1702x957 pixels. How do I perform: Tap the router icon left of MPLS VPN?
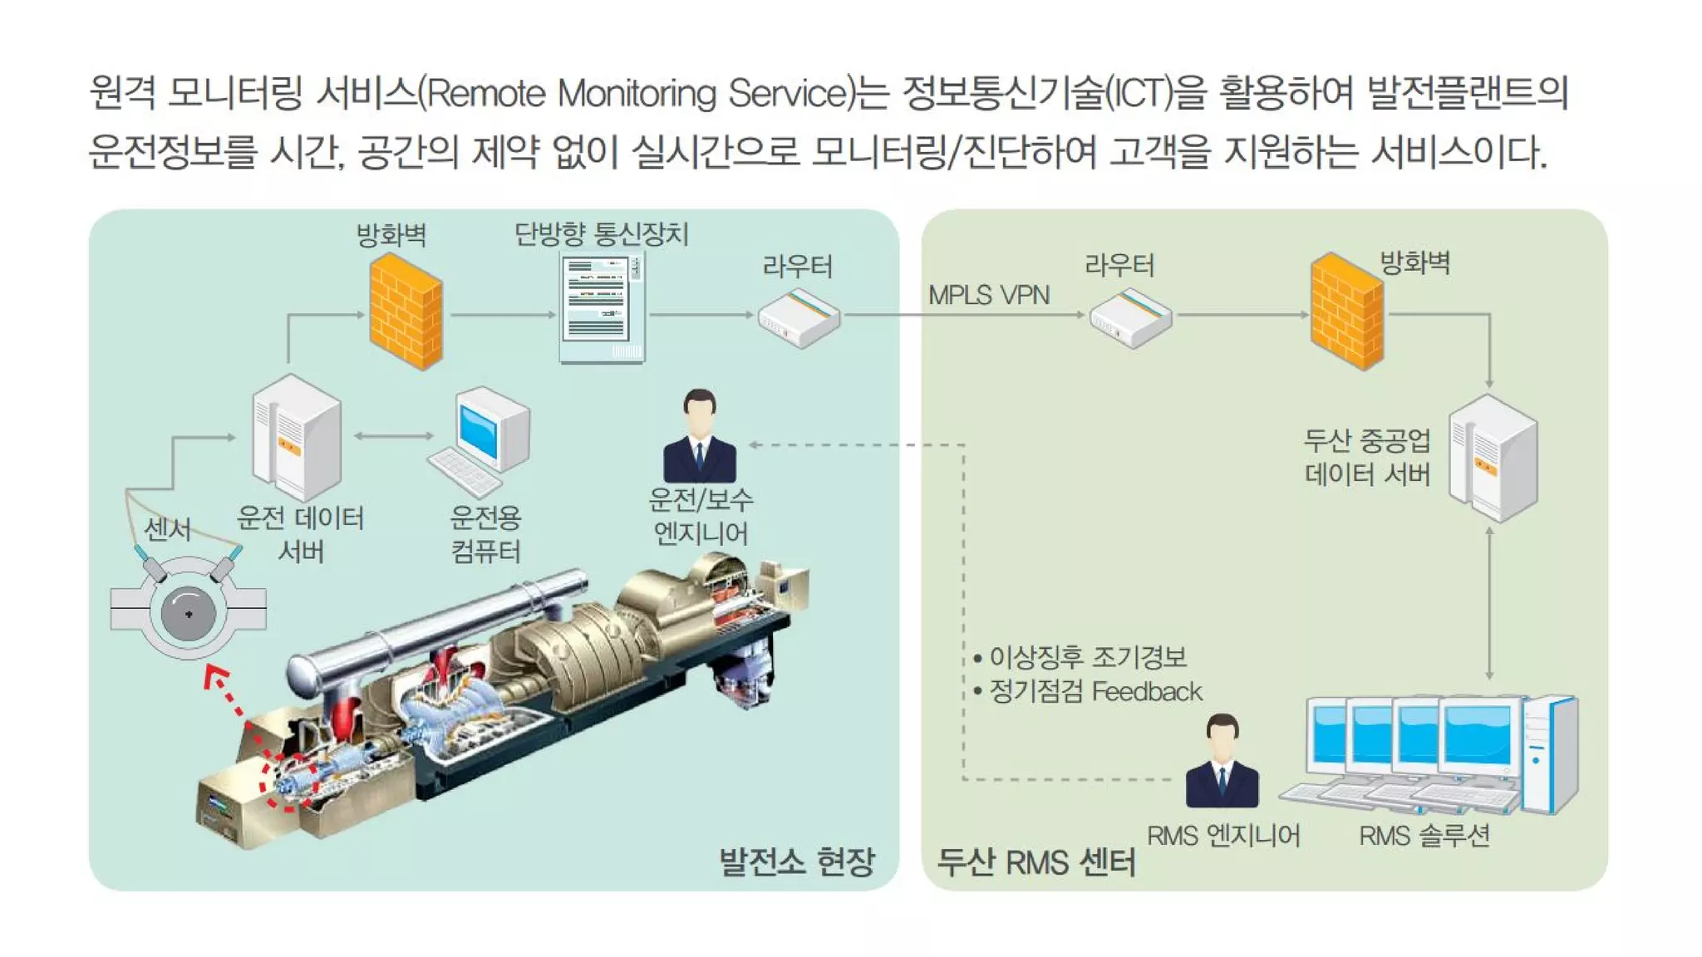point(799,318)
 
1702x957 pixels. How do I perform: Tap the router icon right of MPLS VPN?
point(1130,318)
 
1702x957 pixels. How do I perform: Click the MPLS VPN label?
point(988,295)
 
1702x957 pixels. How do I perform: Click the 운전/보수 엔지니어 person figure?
point(700,437)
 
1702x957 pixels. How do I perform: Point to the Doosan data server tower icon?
point(1493,457)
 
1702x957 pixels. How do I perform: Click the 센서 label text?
point(168,529)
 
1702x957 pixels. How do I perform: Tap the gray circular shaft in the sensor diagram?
point(189,614)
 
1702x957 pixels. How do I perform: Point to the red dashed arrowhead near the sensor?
point(215,674)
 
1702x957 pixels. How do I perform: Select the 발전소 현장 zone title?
point(796,861)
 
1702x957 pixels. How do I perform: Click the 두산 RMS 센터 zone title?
point(1035,862)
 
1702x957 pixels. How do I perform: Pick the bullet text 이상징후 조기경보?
point(1087,657)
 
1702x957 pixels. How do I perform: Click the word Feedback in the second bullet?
point(1147,691)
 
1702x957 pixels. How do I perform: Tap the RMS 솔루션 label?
point(1424,836)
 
